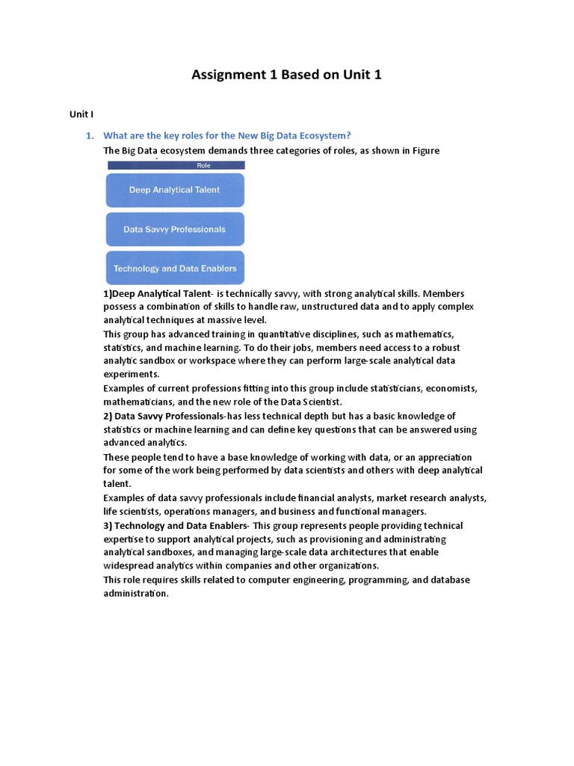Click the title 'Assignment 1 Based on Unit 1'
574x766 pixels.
286,75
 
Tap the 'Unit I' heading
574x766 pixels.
81,114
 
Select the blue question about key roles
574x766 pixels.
226,135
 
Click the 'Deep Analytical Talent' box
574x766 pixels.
175,190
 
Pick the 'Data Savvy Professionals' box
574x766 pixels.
175,230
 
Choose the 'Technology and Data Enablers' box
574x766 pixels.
175,269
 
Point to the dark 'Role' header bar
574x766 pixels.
175,165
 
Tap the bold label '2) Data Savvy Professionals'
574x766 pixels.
164,416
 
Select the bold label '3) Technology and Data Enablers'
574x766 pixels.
171,525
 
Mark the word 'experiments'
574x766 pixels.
132,374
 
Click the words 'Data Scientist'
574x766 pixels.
309,402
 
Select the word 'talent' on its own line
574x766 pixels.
117,484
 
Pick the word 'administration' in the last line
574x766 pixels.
135,593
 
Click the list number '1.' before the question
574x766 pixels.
90,135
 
